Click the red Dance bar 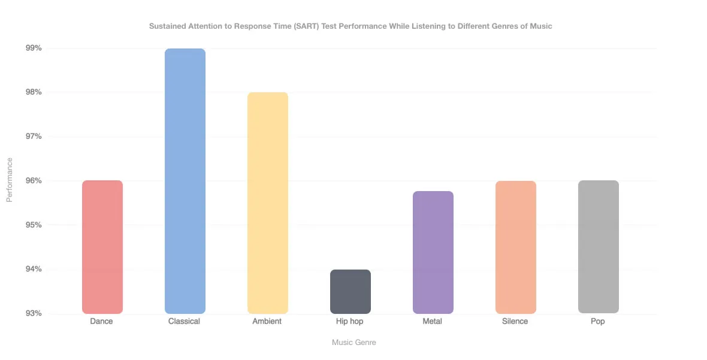(x=102, y=247)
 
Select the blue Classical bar (x=185, y=181)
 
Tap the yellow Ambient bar (x=268, y=203)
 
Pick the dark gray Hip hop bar (x=351, y=292)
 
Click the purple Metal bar (x=433, y=252)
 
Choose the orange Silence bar (x=516, y=247)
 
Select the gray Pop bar (x=599, y=247)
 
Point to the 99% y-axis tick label (x=32, y=48)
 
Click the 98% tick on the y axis (x=32, y=92)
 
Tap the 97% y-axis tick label (x=32, y=137)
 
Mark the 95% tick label (x=32, y=225)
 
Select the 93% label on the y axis (x=32, y=313)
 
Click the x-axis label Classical (x=185, y=322)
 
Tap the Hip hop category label (x=350, y=322)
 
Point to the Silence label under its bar (x=515, y=322)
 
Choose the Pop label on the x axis (x=598, y=322)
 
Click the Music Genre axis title (x=354, y=343)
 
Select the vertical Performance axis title (x=10, y=180)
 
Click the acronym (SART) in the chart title (x=306, y=26)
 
